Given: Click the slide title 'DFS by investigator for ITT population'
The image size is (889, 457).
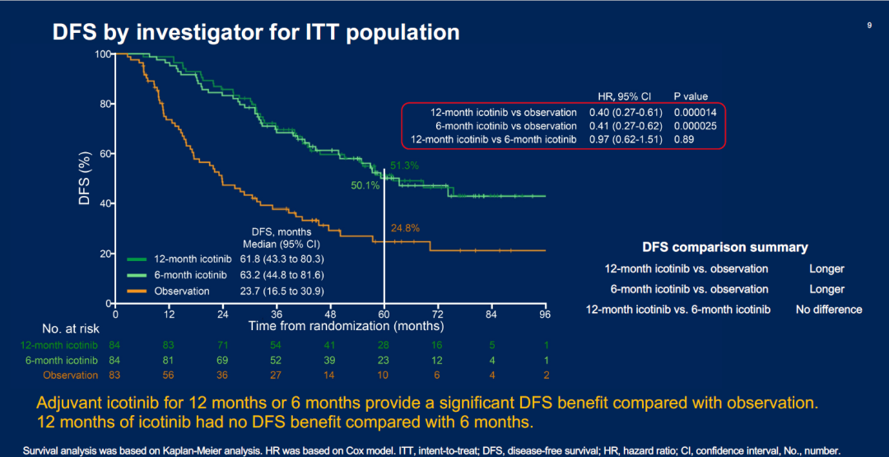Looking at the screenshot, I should (256, 32).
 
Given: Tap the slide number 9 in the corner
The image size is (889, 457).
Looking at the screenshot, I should (869, 26).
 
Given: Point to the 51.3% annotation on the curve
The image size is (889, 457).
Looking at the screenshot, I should (404, 166).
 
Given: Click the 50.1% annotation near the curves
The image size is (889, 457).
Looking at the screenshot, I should (365, 186).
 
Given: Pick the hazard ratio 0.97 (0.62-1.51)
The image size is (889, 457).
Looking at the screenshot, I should (626, 140).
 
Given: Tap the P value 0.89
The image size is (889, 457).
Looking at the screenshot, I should (684, 140).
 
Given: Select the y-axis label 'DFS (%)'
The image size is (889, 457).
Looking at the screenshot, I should (85, 178).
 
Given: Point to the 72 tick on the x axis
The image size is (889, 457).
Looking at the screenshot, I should (438, 315).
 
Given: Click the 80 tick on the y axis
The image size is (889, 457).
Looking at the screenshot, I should (104, 104).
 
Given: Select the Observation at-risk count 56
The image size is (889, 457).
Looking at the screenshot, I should (170, 375).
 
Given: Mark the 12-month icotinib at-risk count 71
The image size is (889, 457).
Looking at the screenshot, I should (223, 345).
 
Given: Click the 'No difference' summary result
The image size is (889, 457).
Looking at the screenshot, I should (829, 310).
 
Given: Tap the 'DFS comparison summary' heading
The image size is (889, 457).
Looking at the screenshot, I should (725, 247).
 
